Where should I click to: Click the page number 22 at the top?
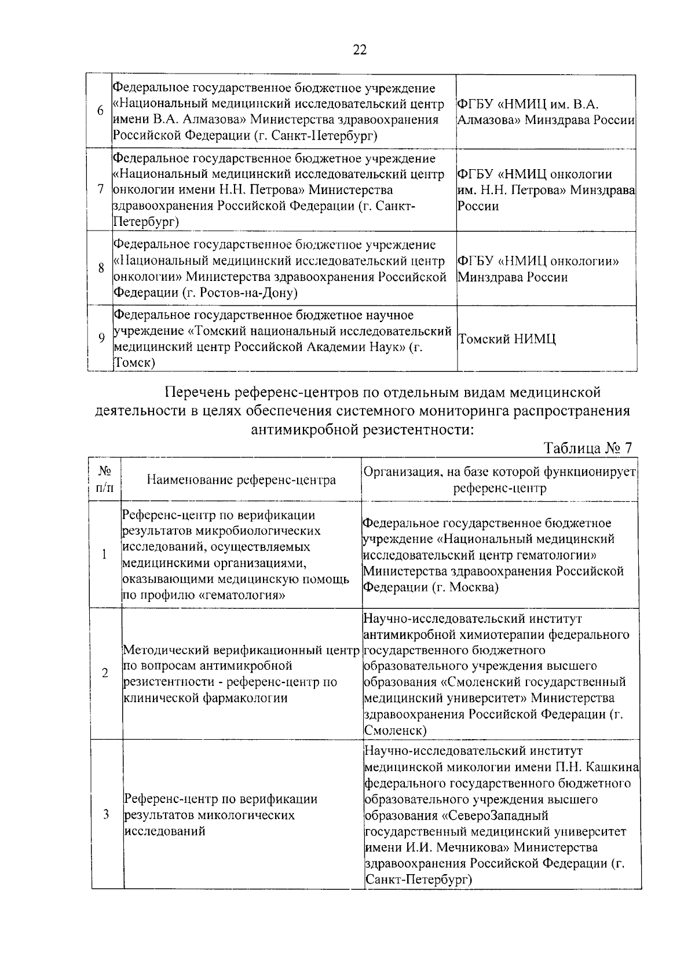[360, 50]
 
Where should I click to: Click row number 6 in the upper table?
[100, 111]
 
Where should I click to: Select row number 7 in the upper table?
[100, 190]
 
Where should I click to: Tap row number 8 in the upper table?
[101, 268]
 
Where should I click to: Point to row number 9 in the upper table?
[101, 339]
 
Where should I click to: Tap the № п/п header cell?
[105, 479]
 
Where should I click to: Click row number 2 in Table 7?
[105, 674]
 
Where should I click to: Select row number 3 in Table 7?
[106, 815]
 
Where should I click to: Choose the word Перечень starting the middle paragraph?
[197, 393]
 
